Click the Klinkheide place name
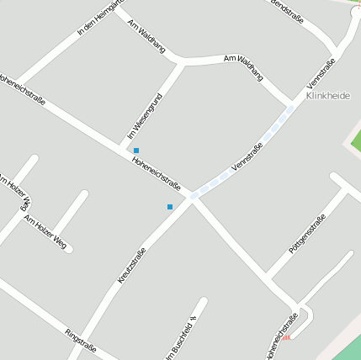tap(328, 96)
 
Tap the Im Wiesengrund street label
tap(144, 116)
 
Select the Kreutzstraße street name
tap(132, 265)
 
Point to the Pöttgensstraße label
tap(307, 235)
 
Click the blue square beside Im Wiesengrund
tap(136, 151)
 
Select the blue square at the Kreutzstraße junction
tap(170, 206)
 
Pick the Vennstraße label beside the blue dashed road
tap(247, 157)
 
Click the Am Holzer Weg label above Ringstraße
tap(45, 232)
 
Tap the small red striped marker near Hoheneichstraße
tap(287, 337)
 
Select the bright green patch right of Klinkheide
tap(355, 139)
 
